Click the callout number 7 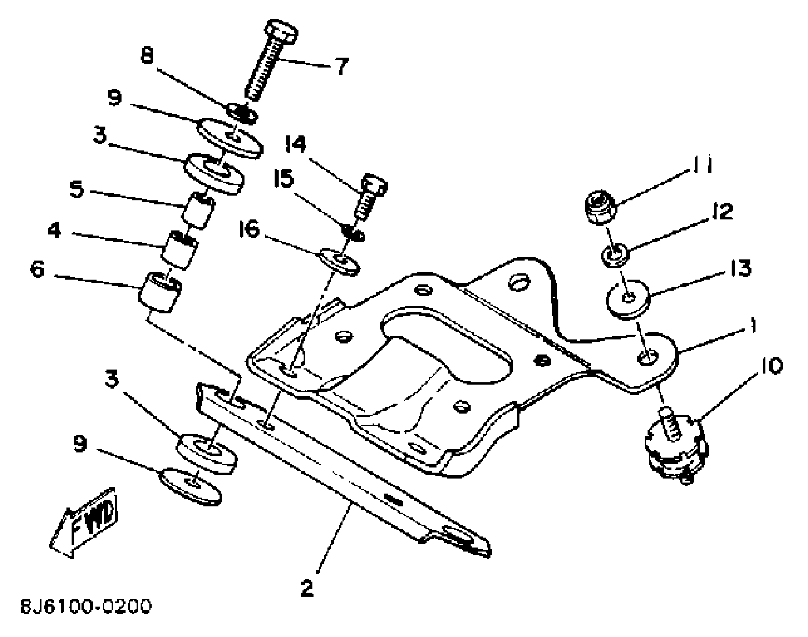coord(341,67)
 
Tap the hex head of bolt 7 coord(282,31)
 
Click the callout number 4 coord(54,230)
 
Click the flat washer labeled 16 coord(340,261)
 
